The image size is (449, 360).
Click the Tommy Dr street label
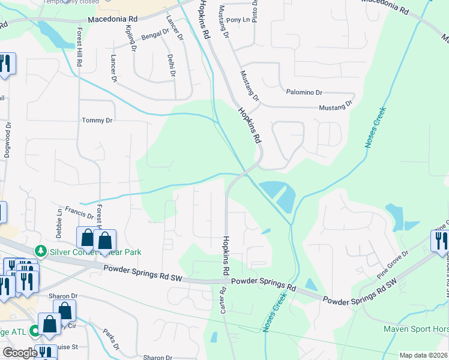pyautogui.click(x=97, y=121)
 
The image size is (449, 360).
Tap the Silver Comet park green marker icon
pyautogui.click(x=41, y=250)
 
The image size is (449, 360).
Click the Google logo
pyautogui.click(x=20, y=353)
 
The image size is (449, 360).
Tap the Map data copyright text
pyautogui.click(x=424, y=355)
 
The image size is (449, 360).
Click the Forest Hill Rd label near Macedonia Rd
pyautogui.click(x=79, y=47)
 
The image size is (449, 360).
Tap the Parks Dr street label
pyautogui.click(x=110, y=337)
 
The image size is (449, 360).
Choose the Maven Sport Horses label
pyautogui.click(x=416, y=329)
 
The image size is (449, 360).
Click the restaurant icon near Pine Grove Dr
pyautogui.click(x=439, y=241)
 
